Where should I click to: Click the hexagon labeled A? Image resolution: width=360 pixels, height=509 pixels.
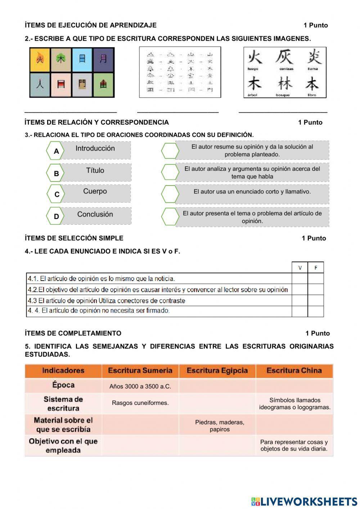pos(56,151)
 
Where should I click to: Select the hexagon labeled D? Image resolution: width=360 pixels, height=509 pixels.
pos(56,216)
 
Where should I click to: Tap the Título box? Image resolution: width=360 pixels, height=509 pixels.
pos(95,172)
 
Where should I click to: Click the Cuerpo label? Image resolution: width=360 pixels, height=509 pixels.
pos(95,191)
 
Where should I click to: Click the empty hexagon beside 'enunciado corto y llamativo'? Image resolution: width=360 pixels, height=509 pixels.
pos(170,194)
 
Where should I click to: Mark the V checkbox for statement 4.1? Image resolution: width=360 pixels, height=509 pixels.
pos(300,278)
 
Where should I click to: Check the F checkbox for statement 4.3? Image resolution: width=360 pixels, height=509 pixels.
pos(316,300)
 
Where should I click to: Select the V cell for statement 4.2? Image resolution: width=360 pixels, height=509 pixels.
pos(300,290)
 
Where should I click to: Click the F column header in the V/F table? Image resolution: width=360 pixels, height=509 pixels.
pos(316,267)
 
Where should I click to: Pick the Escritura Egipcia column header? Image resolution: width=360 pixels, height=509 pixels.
pos(217,371)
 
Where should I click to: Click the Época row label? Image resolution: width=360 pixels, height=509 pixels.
pos(63,385)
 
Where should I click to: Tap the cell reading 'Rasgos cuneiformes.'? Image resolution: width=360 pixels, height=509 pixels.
pos(140,403)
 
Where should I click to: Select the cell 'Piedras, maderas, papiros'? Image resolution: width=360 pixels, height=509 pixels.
pos(219,426)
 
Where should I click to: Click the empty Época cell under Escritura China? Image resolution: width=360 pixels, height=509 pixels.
pos(294,386)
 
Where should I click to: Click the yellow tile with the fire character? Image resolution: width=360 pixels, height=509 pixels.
pos(40,59)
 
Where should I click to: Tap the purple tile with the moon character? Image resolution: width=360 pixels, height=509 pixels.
pos(103,59)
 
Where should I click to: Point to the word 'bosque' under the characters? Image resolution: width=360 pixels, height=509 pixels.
pos(283,95)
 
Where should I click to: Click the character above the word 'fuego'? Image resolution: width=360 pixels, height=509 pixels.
pos(255,57)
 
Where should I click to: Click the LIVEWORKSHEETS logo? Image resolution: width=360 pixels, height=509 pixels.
pos(304,501)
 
